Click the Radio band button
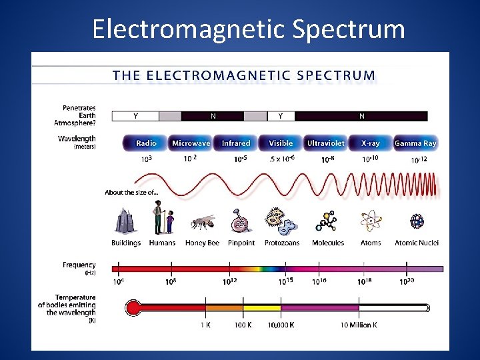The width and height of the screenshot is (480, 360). coord(146,143)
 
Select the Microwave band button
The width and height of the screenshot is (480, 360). coord(191,143)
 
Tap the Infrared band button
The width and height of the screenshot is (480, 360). coord(235,143)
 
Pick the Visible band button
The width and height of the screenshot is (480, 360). coord(281,143)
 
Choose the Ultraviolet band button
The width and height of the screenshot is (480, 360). coord(325,143)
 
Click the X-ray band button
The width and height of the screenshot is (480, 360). coord(371,143)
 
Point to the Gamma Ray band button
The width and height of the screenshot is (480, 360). coord(415,143)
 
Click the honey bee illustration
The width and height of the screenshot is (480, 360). coord(202,222)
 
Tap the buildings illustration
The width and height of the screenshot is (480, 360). coord(125,220)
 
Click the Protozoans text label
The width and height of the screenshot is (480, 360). coord(281,243)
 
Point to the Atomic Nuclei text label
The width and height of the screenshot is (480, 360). coord(417,243)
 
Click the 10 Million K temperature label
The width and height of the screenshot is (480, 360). coord(358,325)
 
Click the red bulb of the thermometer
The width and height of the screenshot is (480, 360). coord(133,308)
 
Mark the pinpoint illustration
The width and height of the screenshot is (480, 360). coord(240,221)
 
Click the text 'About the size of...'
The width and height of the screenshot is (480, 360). coord(131,193)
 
